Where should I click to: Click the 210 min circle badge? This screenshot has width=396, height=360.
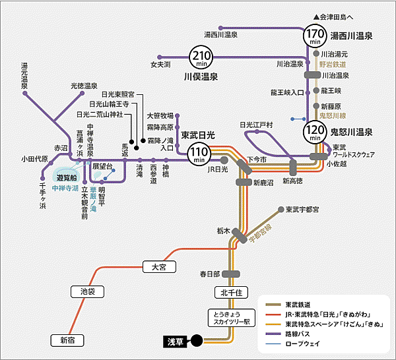201,59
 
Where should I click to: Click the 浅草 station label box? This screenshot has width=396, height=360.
176,341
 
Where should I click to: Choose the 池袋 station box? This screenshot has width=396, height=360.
88,291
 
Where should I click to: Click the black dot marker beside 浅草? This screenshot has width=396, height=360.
197,341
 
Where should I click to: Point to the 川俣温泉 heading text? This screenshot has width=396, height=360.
203,78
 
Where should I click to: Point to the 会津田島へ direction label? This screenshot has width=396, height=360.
340,16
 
